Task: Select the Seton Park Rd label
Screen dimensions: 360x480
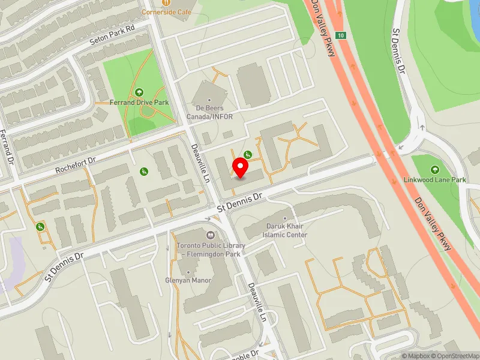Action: point(112,35)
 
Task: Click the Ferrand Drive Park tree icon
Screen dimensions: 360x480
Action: point(139,92)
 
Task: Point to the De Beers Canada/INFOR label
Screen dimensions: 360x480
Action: point(209,112)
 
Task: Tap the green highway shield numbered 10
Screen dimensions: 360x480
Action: point(341,35)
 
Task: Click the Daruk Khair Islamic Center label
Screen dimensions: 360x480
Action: point(286,230)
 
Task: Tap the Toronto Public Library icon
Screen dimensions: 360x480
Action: point(210,235)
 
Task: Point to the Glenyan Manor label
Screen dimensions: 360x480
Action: point(184,280)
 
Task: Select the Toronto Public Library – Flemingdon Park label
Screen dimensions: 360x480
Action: point(211,250)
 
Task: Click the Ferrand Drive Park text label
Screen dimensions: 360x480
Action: point(139,103)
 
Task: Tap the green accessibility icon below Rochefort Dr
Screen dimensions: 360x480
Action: point(144,172)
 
